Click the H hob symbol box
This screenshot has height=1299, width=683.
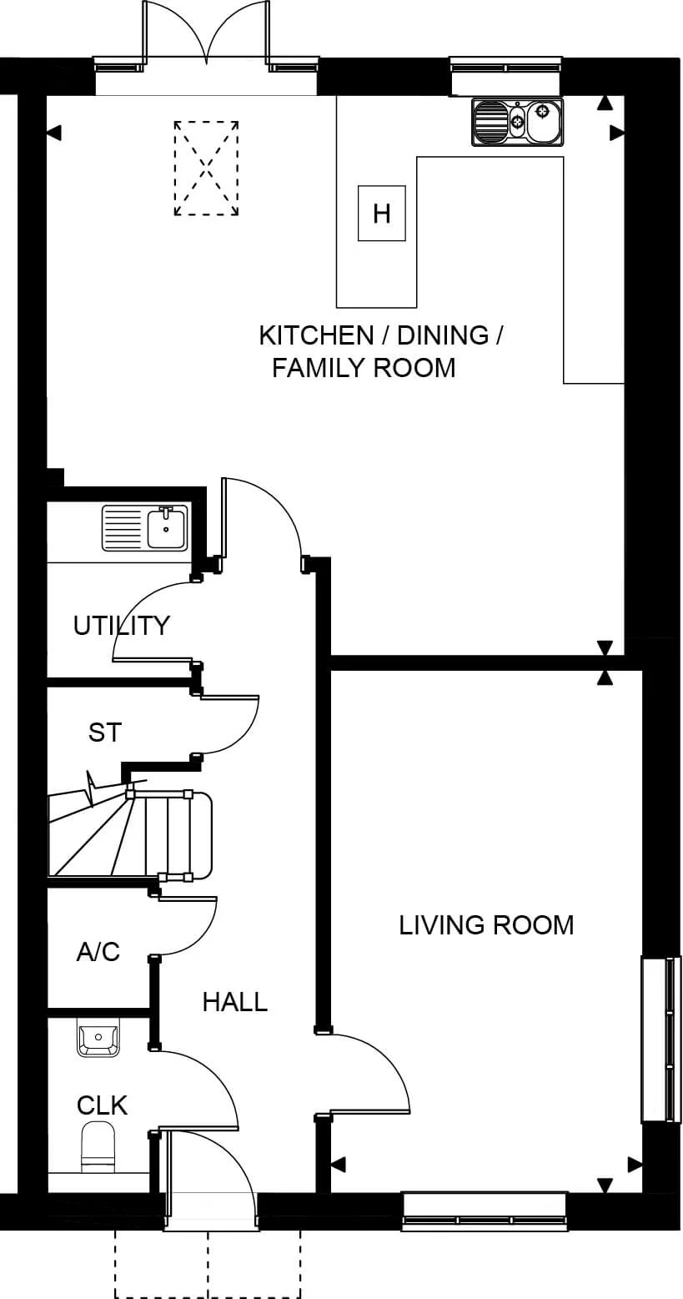pos(381,213)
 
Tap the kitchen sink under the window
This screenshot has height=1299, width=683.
pos(517,122)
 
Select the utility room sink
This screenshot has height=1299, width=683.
pos(144,528)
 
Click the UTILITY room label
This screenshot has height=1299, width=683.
pos(121,625)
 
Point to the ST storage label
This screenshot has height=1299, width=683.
pos(105,733)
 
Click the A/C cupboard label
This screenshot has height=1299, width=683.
pos(98,951)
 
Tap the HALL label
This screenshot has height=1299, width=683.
pos(234,1001)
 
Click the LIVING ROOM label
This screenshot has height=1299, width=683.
pos(486,925)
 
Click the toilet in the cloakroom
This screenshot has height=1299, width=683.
pos(98,1147)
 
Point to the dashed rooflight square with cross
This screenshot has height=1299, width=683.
pos(206,168)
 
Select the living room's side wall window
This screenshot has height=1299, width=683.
pos(656,1039)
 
